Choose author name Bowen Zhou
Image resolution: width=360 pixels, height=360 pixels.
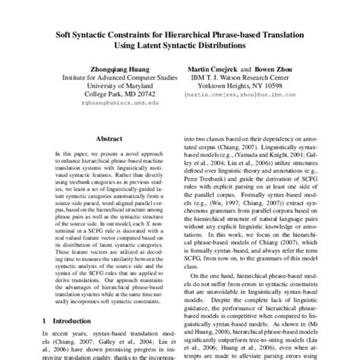[x=280, y=67]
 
